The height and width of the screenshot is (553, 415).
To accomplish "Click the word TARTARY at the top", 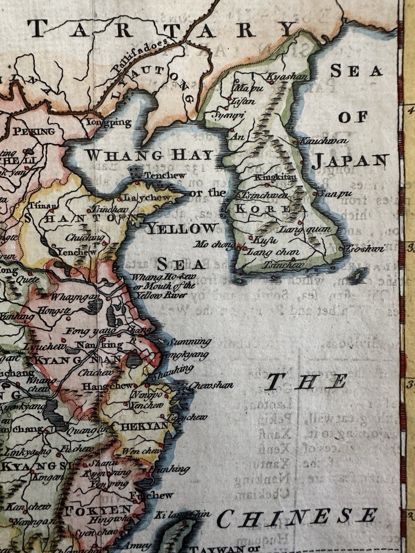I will pos(162,29).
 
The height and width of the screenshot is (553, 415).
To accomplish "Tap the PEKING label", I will pos(34,131).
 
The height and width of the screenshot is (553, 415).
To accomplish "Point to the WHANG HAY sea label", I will pos(149,156).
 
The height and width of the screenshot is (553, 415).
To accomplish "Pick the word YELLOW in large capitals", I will pos(183,228).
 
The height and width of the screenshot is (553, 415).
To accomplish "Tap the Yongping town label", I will pos(108,123).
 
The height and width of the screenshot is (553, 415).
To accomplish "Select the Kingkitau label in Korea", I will pos(272,177).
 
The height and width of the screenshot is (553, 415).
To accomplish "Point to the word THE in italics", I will pos(306,382).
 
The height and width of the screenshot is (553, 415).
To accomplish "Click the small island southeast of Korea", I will pos(358,276).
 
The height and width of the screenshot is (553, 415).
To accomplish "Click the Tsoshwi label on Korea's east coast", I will pos(365,248).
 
